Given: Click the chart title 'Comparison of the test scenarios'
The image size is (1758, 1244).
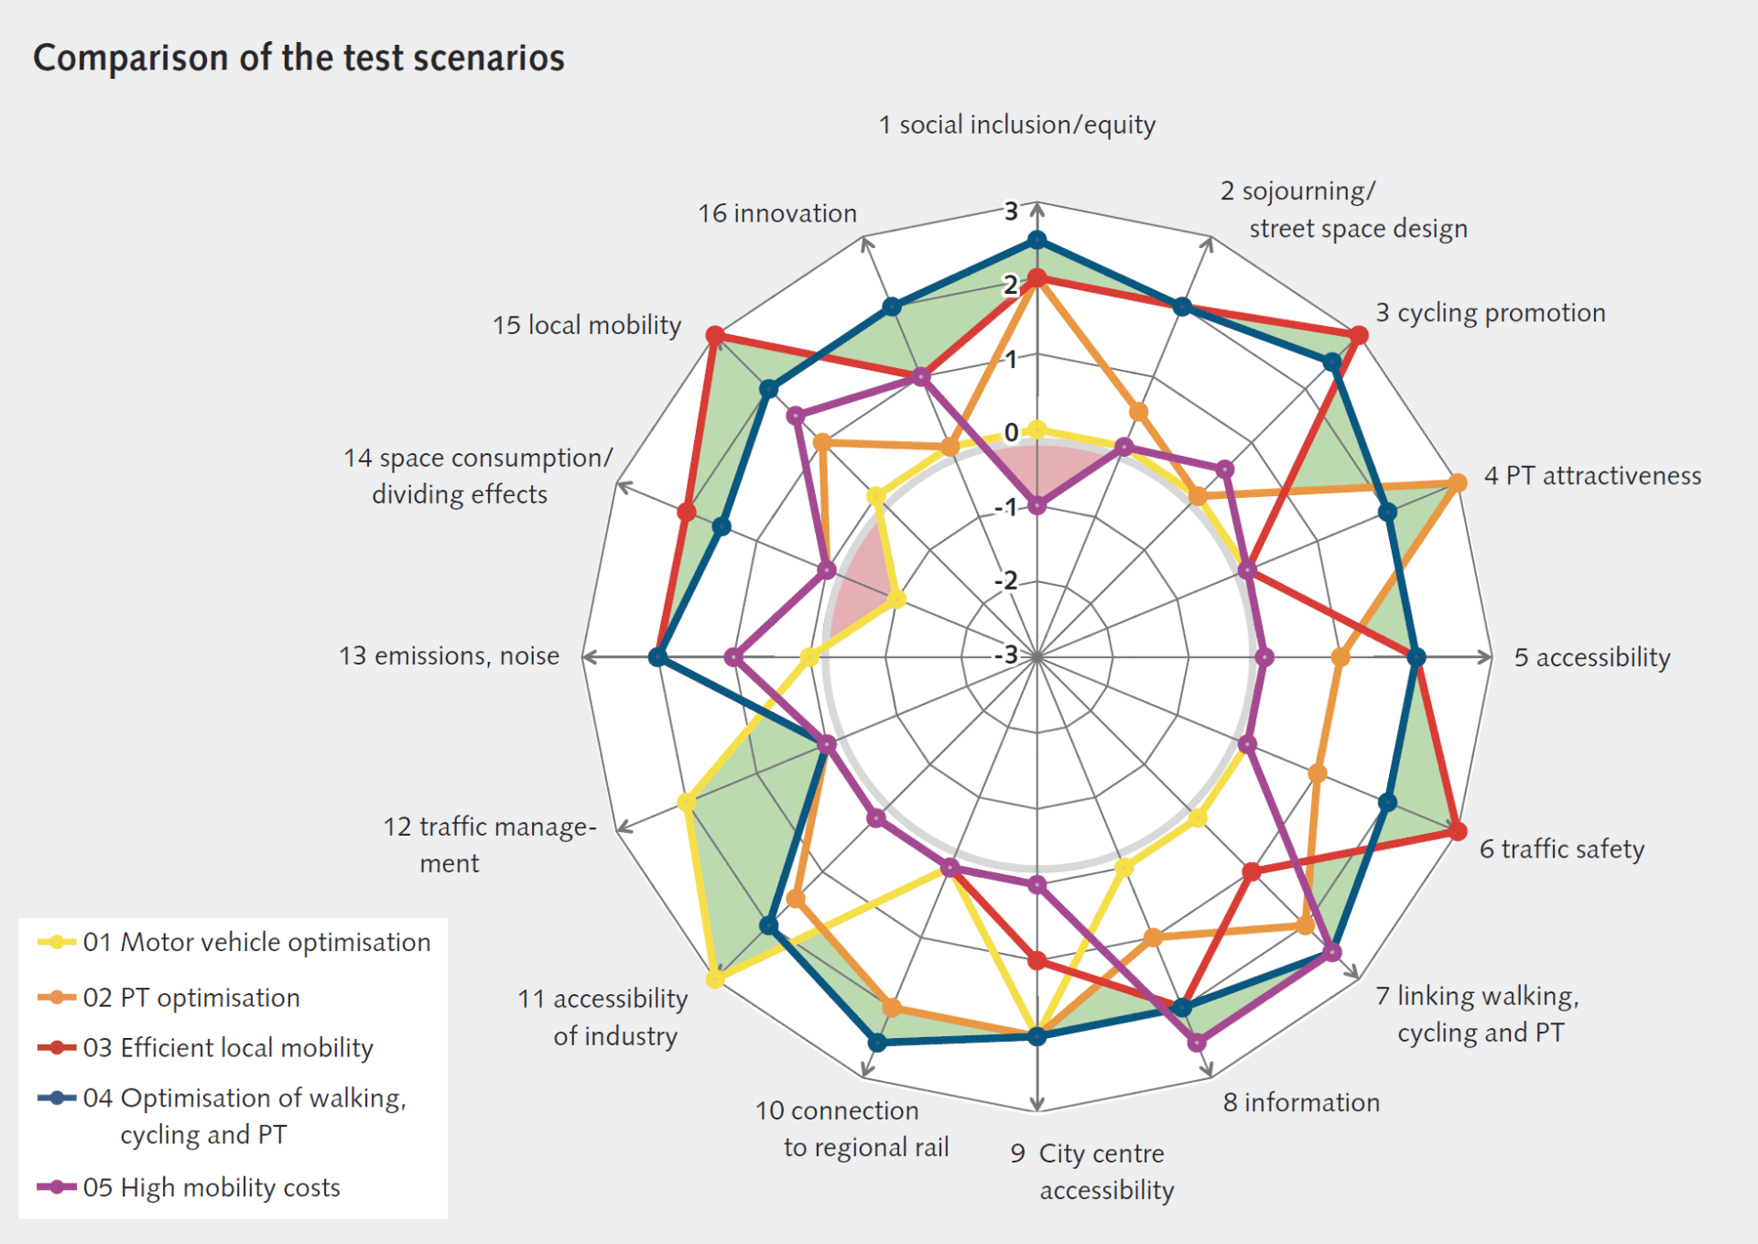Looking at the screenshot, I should (x=298, y=58).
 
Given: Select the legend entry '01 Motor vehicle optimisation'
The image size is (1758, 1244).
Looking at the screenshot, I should (x=256, y=942).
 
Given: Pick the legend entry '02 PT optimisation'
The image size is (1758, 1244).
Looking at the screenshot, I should (x=191, y=997).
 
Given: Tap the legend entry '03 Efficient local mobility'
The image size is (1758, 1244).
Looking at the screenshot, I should (x=228, y=1047).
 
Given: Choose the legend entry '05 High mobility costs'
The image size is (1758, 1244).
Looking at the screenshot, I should (x=212, y=1187).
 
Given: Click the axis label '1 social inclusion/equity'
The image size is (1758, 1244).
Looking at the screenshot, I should (x=1016, y=124).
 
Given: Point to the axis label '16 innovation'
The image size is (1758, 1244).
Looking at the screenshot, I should (x=777, y=213).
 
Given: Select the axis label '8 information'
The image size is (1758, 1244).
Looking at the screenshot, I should (x=1301, y=1102).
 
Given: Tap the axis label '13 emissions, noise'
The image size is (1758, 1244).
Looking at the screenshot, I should (x=449, y=655).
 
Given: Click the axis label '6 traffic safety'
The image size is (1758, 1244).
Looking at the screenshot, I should (x=1562, y=849).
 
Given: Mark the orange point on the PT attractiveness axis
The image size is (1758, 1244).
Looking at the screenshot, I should (x=1457, y=482).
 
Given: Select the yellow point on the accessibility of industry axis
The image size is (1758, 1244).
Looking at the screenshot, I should (x=715, y=979).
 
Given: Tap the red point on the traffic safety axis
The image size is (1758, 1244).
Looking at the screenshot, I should (x=1457, y=831).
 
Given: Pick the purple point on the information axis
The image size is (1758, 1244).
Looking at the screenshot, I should (x=1196, y=1042).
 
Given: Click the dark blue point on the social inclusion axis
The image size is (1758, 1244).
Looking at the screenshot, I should (x=1036, y=241).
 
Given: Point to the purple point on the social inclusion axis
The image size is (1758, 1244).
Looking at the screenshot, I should (x=1036, y=505).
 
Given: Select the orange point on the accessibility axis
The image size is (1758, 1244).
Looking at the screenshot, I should (x=1340, y=657).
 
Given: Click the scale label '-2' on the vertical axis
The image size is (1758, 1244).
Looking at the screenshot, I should (x=1005, y=580).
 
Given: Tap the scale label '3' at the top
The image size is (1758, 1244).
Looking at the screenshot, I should (x=1011, y=211).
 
